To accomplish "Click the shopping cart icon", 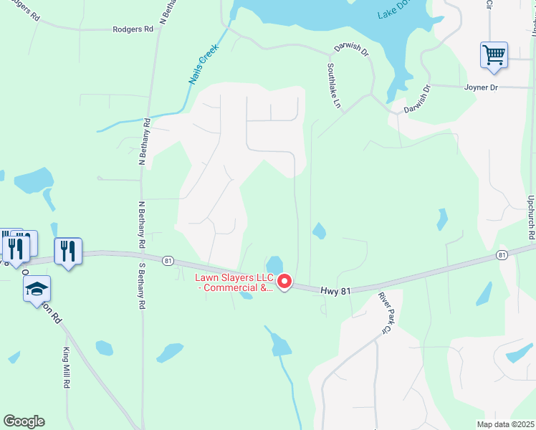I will pos(494,55).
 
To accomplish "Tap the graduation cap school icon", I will pos(37,289).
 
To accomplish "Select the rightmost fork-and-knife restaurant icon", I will pos(68,251).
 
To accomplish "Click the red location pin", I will pos(284,282).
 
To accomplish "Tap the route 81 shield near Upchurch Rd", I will pos(502,254).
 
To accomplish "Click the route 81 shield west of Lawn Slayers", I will pos(168,259).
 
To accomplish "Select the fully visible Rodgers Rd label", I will pos(133,29).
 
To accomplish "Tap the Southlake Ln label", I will pos(334,85).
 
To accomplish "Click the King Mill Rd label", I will pos(65,368).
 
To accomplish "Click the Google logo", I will pos(24,421).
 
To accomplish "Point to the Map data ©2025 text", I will pos(505,424).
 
